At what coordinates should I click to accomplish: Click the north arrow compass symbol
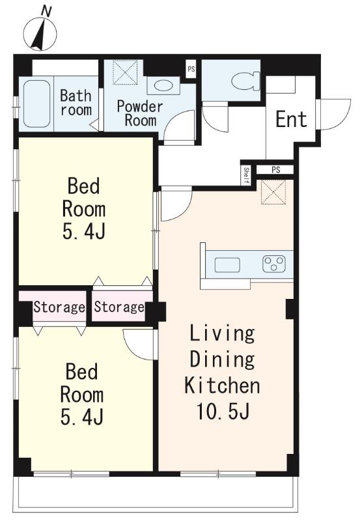tap(40, 33)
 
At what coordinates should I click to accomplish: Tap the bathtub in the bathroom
tap(37, 104)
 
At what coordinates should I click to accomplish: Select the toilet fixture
tap(245, 81)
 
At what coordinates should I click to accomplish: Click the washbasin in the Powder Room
tap(164, 85)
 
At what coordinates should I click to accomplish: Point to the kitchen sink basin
tap(227, 265)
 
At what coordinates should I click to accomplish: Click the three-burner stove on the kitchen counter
tap(274, 264)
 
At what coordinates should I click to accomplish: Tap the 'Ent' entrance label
tap(291, 120)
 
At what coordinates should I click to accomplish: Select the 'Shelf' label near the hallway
tap(246, 175)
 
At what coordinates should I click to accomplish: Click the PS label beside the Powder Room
tap(191, 70)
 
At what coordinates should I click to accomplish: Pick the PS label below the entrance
tap(275, 170)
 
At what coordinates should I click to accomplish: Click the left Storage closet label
tap(59, 307)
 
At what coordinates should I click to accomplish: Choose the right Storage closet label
tap(119, 307)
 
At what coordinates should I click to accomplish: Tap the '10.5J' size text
tap(223, 412)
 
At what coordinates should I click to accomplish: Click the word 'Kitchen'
tap(222, 386)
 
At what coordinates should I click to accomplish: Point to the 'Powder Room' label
tap(140, 113)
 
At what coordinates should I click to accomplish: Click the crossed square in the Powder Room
tap(125, 72)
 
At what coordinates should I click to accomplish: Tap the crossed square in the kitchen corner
tap(273, 192)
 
